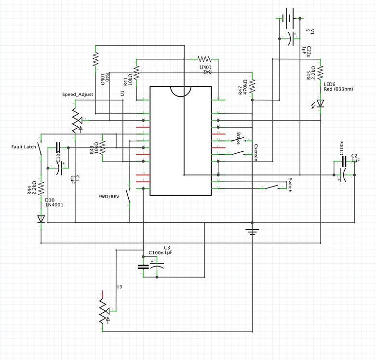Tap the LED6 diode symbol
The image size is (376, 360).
click(320, 103)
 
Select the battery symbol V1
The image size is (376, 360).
click(289, 18)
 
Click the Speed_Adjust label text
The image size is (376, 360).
click(76, 94)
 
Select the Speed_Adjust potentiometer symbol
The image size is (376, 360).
click(76, 119)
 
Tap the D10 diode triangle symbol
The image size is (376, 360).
click(41, 219)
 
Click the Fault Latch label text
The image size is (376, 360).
click(23, 147)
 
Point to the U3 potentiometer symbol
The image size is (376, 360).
click(103, 310)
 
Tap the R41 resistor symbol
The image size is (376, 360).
click(136, 73)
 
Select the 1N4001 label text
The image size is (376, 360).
click(55, 205)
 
